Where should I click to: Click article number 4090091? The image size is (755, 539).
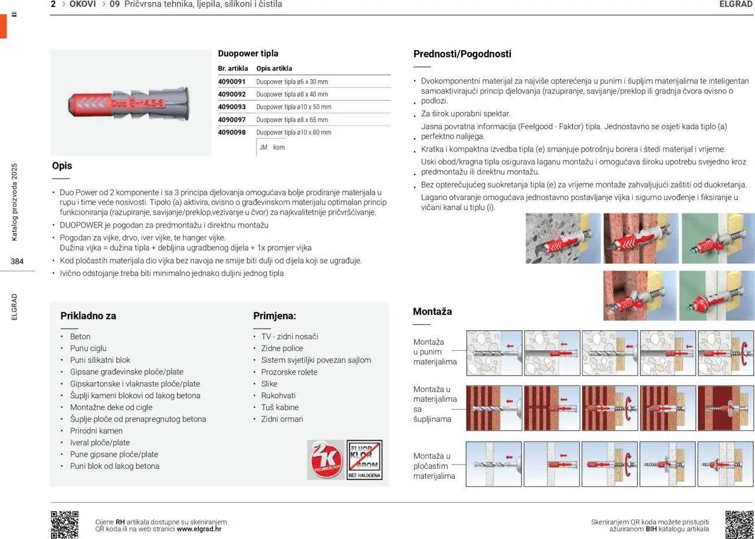click(x=231, y=81)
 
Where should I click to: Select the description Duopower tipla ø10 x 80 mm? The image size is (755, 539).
click(x=294, y=133)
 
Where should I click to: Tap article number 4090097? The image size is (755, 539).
click(x=231, y=120)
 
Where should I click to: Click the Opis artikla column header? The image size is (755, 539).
click(x=274, y=68)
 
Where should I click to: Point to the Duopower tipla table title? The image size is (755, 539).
click(x=248, y=53)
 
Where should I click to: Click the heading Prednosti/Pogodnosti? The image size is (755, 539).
click(x=462, y=54)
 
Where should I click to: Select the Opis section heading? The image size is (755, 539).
click(x=62, y=166)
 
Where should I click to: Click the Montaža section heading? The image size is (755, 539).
click(x=432, y=311)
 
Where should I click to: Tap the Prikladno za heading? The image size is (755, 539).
click(x=88, y=315)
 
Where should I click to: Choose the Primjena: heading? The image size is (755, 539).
click(x=274, y=315)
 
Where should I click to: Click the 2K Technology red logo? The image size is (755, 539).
click(x=326, y=460)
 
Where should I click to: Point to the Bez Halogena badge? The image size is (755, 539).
click(x=364, y=460)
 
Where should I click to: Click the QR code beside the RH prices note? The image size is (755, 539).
click(x=64, y=524)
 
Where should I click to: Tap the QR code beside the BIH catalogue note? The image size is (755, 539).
click(x=739, y=524)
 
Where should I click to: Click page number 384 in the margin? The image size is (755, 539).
click(x=17, y=261)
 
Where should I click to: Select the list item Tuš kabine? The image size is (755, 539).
click(x=280, y=407)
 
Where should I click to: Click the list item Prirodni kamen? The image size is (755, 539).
click(x=96, y=430)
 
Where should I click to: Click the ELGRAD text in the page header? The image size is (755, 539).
click(x=736, y=4)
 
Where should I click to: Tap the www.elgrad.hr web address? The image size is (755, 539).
click(x=199, y=529)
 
